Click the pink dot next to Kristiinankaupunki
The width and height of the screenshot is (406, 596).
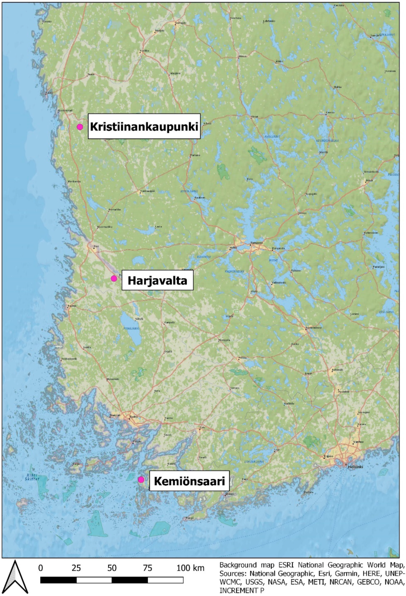click(x=80, y=127)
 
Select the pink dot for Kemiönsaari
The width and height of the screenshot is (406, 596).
click(x=141, y=480)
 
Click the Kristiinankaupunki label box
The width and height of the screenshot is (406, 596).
click(x=144, y=126)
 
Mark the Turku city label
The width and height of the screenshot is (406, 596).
click(x=132, y=417)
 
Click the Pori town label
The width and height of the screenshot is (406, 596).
click(x=96, y=247)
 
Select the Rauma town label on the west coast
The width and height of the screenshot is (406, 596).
click(x=70, y=306)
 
